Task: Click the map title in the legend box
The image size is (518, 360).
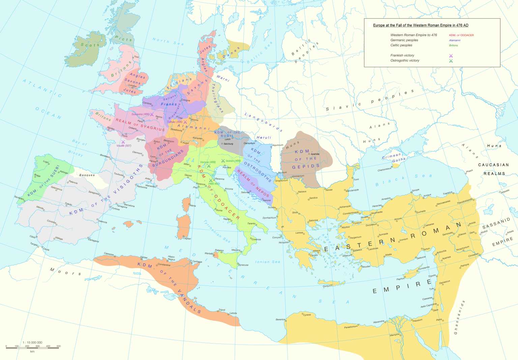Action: pyautogui.click(x=421, y=25)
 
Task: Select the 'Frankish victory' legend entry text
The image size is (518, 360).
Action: pyautogui.click(x=402, y=55)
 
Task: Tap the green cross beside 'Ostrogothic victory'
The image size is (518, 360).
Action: pyautogui.click(x=451, y=61)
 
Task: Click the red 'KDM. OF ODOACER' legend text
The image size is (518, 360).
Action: pyautogui.click(x=461, y=35)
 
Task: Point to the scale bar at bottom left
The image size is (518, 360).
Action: pyautogui.click(x=32, y=347)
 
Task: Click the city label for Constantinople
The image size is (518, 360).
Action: pyautogui.click(x=351, y=213)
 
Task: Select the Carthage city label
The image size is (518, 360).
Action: pyautogui.click(x=197, y=262)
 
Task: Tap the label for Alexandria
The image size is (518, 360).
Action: pyautogui.click(x=379, y=322)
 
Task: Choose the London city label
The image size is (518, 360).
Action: pyautogui.click(x=133, y=86)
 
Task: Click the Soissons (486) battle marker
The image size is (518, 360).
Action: pyautogui.click(x=152, y=115)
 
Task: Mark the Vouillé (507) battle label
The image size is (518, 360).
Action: pyautogui.click(x=124, y=146)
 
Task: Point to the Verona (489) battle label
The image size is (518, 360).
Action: pyautogui.click(x=208, y=162)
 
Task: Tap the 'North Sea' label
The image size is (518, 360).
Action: pyautogui.click(x=168, y=42)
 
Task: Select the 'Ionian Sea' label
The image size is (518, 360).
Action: pyautogui.click(x=267, y=262)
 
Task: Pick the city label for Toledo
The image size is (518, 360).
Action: pyautogui.click(x=68, y=204)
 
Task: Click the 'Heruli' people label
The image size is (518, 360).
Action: pyautogui.click(x=264, y=138)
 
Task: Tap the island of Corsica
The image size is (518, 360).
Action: pyautogui.click(x=186, y=204)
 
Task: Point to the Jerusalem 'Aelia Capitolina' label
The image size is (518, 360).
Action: pyautogui.click(x=428, y=306)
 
